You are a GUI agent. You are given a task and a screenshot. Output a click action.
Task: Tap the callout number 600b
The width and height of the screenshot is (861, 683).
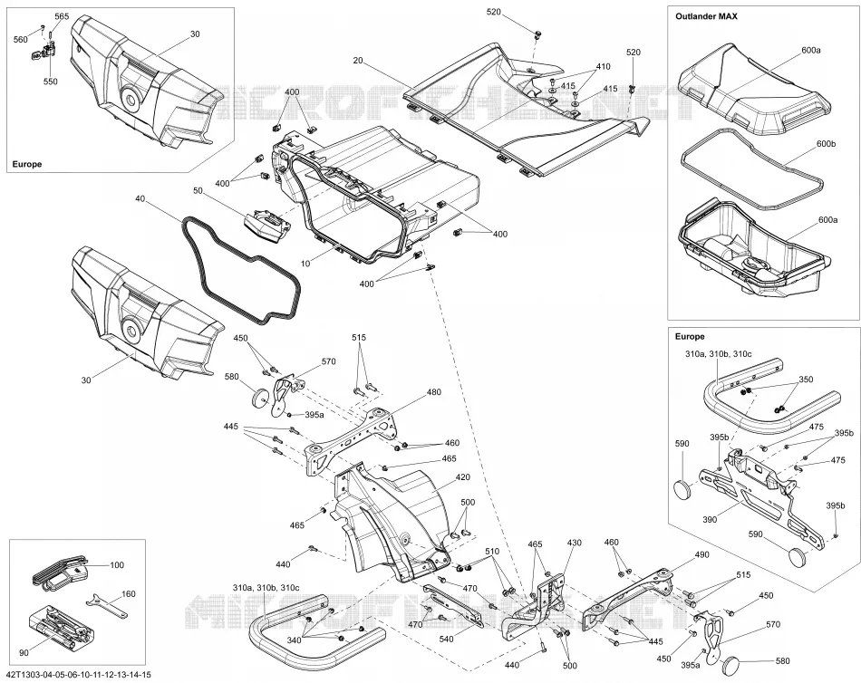tap(826, 144)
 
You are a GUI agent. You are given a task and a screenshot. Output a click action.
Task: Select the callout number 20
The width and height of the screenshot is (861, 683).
tap(358, 61)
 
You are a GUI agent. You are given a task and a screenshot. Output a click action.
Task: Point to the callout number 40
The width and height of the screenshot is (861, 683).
tap(140, 198)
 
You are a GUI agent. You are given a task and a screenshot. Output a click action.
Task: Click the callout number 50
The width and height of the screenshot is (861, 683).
tap(198, 190)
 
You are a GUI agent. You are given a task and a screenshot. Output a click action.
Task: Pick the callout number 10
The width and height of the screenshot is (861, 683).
tap(305, 264)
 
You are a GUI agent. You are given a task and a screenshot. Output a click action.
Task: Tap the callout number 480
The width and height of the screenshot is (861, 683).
tap(434, 392)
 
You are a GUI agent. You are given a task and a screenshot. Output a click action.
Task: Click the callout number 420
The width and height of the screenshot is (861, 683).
tap(463, 477)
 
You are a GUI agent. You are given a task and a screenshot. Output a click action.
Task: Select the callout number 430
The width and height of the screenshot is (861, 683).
tap(574, 543)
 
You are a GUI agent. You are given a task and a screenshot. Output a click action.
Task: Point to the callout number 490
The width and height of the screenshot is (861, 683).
tap(701, 554)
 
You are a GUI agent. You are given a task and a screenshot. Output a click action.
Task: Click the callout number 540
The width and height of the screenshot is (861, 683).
tap(447, 640)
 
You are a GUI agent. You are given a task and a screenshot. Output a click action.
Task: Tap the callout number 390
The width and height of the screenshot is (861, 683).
tap(710, 519)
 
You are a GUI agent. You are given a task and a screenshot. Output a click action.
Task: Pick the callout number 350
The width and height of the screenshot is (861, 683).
tap(806, 380)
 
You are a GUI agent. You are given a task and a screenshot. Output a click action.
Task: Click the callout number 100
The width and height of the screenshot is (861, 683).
tap(117, 565)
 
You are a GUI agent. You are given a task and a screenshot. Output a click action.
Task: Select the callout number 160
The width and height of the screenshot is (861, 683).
tap(128, 593)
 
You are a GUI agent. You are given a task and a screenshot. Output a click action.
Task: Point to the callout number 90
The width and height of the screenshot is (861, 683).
tap(24, 653)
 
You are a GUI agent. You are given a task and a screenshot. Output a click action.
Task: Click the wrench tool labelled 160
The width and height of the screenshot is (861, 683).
tap(107, 606)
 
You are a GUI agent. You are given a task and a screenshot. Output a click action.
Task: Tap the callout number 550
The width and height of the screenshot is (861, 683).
tap(51, 82)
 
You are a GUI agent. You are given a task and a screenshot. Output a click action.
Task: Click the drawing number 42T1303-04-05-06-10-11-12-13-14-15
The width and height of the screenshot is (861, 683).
tap(79, 675)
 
